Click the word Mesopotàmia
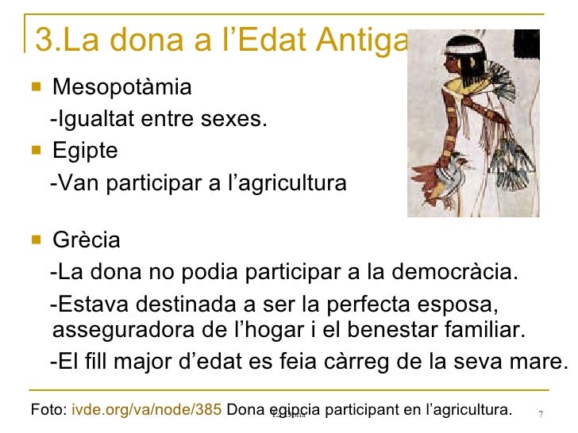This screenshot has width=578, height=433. [121, 86]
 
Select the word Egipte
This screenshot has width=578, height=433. [85, 151]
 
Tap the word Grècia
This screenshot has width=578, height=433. [86, 239]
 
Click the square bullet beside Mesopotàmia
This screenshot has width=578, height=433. [34, 85]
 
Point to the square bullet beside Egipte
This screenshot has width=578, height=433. [34, 150]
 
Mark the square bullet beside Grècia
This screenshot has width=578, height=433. [34, 239]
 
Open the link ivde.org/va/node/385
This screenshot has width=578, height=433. [147, 410]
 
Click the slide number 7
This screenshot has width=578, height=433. [541, 413]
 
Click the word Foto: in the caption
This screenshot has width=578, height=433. [48, 410]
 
